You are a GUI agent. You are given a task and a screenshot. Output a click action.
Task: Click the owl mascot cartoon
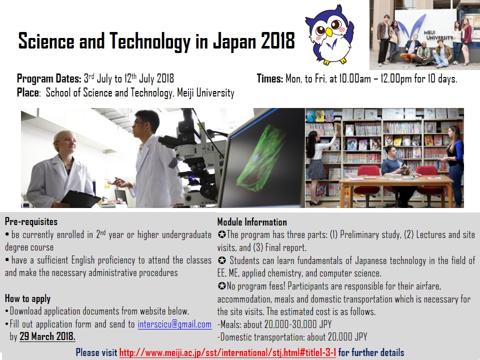coord(329,34)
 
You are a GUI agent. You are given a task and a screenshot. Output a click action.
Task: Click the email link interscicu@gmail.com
coord(174,324)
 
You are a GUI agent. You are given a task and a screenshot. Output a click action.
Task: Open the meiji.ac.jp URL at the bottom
coord(227,352)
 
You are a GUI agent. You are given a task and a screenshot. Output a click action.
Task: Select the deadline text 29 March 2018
coord(47,336)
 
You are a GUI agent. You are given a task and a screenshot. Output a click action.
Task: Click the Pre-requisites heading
coord(31,221)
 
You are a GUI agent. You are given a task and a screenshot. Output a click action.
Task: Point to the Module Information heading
coord(252,222)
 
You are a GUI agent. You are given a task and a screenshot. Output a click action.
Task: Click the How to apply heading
coord(27,298)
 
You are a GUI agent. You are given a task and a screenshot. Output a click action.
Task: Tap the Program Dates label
coord(49,78)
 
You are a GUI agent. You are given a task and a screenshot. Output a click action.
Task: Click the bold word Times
coord(269,78)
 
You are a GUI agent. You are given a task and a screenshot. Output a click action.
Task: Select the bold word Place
coord(28,93)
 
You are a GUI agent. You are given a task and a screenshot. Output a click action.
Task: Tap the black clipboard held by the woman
coord(80,198)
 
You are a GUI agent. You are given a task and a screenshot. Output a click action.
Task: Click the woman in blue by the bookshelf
coord(455,160)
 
